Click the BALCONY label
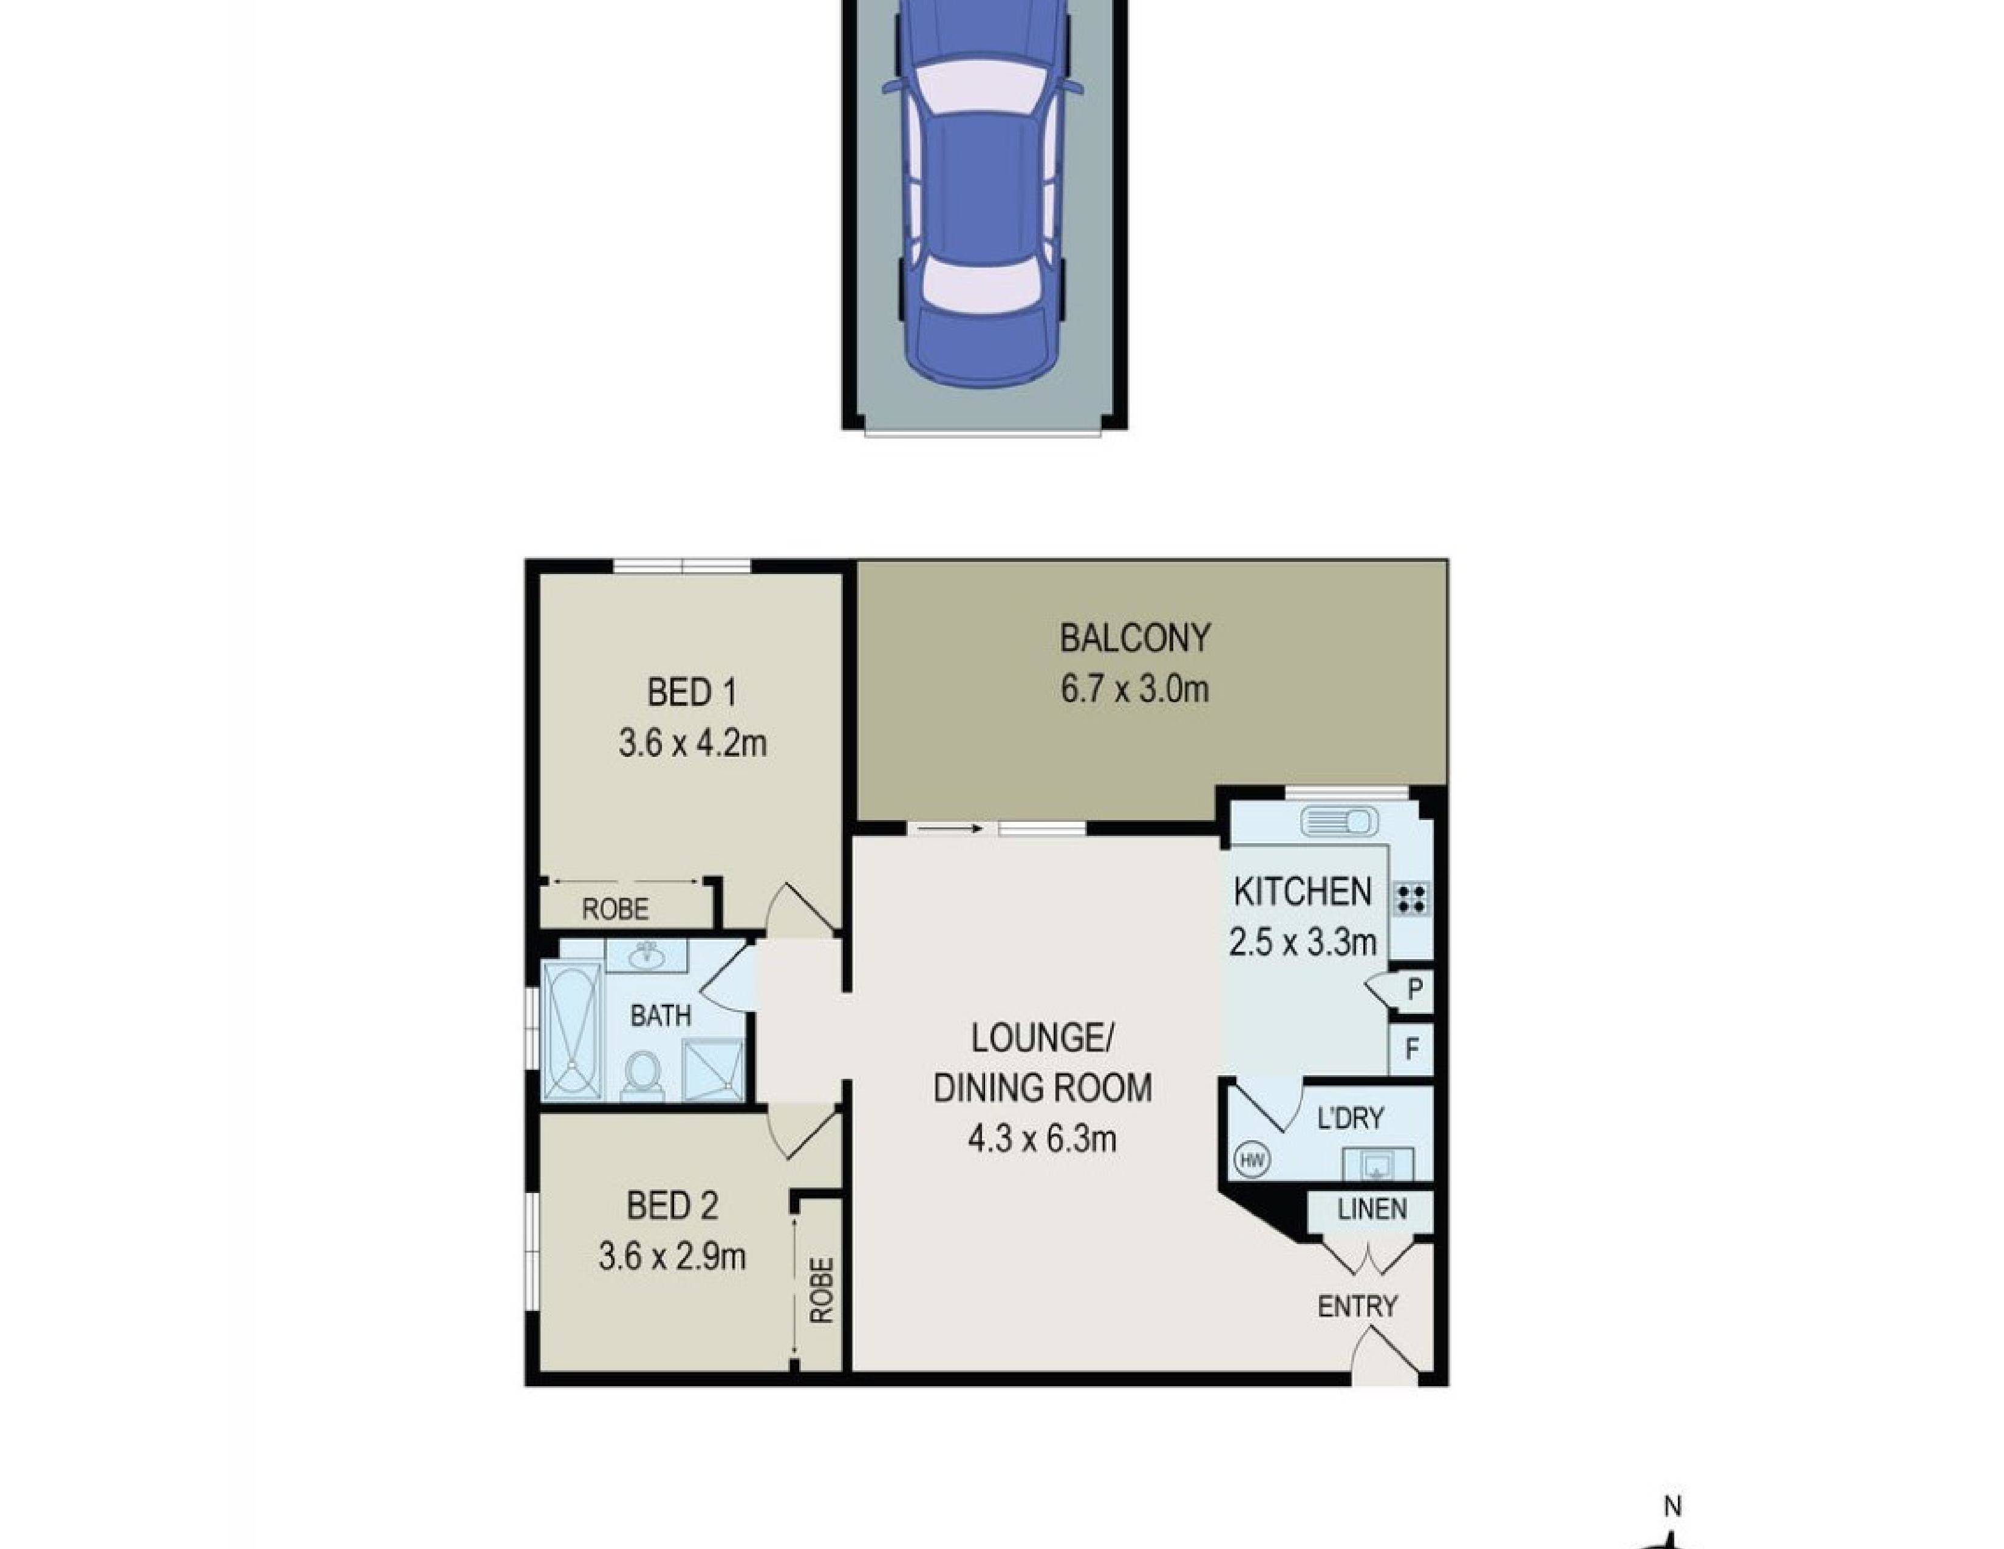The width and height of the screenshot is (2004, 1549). (1134, 638)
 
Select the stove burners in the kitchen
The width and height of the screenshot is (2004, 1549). (1411, 897)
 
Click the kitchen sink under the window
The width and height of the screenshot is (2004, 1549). (1340, 821)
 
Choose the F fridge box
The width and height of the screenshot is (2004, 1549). (1412, 1048)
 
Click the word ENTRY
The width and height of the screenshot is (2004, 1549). (1357, 1306)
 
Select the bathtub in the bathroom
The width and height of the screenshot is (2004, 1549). (571, 1030)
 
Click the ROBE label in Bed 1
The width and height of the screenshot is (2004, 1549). (615, 909)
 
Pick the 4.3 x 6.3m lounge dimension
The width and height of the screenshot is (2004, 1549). (1041, 1140)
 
